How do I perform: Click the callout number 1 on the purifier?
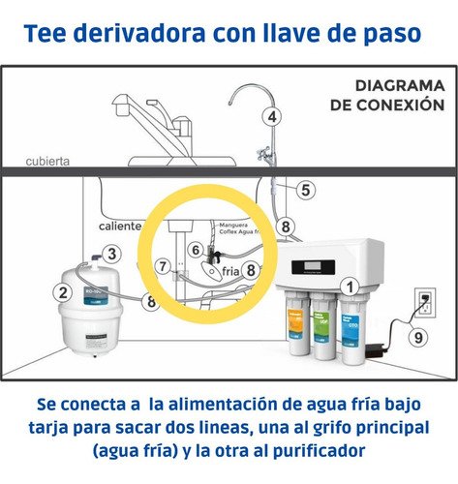(351, 286)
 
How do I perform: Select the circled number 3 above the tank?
(112, 255)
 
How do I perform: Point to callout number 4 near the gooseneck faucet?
(273, 116)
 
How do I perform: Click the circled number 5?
(304, 191)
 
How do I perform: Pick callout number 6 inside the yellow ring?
(196, 250)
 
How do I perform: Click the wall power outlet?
(423, 302)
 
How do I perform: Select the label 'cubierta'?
(46, 163)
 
